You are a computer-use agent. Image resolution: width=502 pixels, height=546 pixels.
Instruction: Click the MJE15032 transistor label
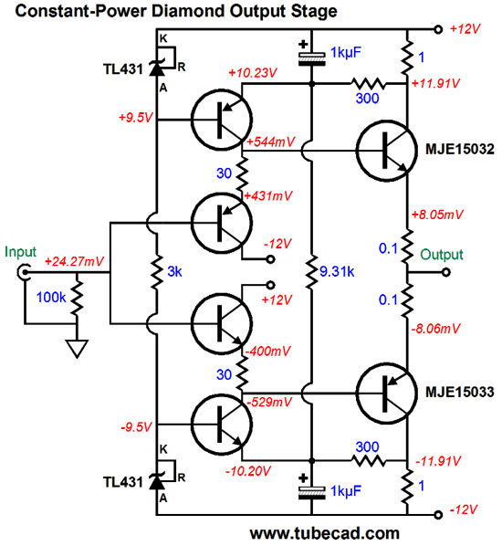(x=459, y=150)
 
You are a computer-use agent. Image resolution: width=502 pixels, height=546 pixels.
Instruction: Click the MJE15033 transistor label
(x=459, y=392)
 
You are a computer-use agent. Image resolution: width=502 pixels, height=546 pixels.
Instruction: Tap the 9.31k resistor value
(x=337, y=271)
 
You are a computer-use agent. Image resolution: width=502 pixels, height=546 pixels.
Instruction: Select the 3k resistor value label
(x=174, y=271)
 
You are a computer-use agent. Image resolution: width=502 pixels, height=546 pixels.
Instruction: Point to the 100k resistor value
(x=51, y=298)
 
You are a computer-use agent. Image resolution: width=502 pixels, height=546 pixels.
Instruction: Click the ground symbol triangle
(x=77, y=349)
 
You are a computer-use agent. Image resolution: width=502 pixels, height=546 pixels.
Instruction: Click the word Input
(x=20, y=252)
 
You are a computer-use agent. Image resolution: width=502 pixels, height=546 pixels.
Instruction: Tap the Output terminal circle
(x=446, y=272)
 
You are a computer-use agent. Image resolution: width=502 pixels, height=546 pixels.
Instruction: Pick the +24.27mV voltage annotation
(x=74, y=261)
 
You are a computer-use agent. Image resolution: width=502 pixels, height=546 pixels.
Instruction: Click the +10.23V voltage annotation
(x=253, y=73)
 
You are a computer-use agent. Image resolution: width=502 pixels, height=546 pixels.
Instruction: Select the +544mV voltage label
(x=271, y=142)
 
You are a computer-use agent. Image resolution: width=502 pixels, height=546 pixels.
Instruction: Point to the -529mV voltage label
(x=268, y=403)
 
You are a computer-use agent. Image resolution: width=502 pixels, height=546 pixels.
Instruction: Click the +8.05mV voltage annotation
(x=437, y=215)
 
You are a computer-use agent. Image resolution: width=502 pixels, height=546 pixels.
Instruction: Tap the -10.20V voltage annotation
(x=248, y=471)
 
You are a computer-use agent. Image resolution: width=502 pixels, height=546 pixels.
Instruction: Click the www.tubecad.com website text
(x=324, y=534)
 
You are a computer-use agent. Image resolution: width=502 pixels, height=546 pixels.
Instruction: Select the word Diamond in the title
(x=189, y=11)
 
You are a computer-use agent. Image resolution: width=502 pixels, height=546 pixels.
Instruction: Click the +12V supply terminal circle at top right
(x=438, y=29)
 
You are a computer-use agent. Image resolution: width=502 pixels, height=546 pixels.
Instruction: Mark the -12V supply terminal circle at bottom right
(x=438, y=514)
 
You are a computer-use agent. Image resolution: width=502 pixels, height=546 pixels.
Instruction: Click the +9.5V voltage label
(x=136, y=118)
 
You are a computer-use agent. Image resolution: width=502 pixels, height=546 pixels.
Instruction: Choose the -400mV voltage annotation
(x=267, y=351)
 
